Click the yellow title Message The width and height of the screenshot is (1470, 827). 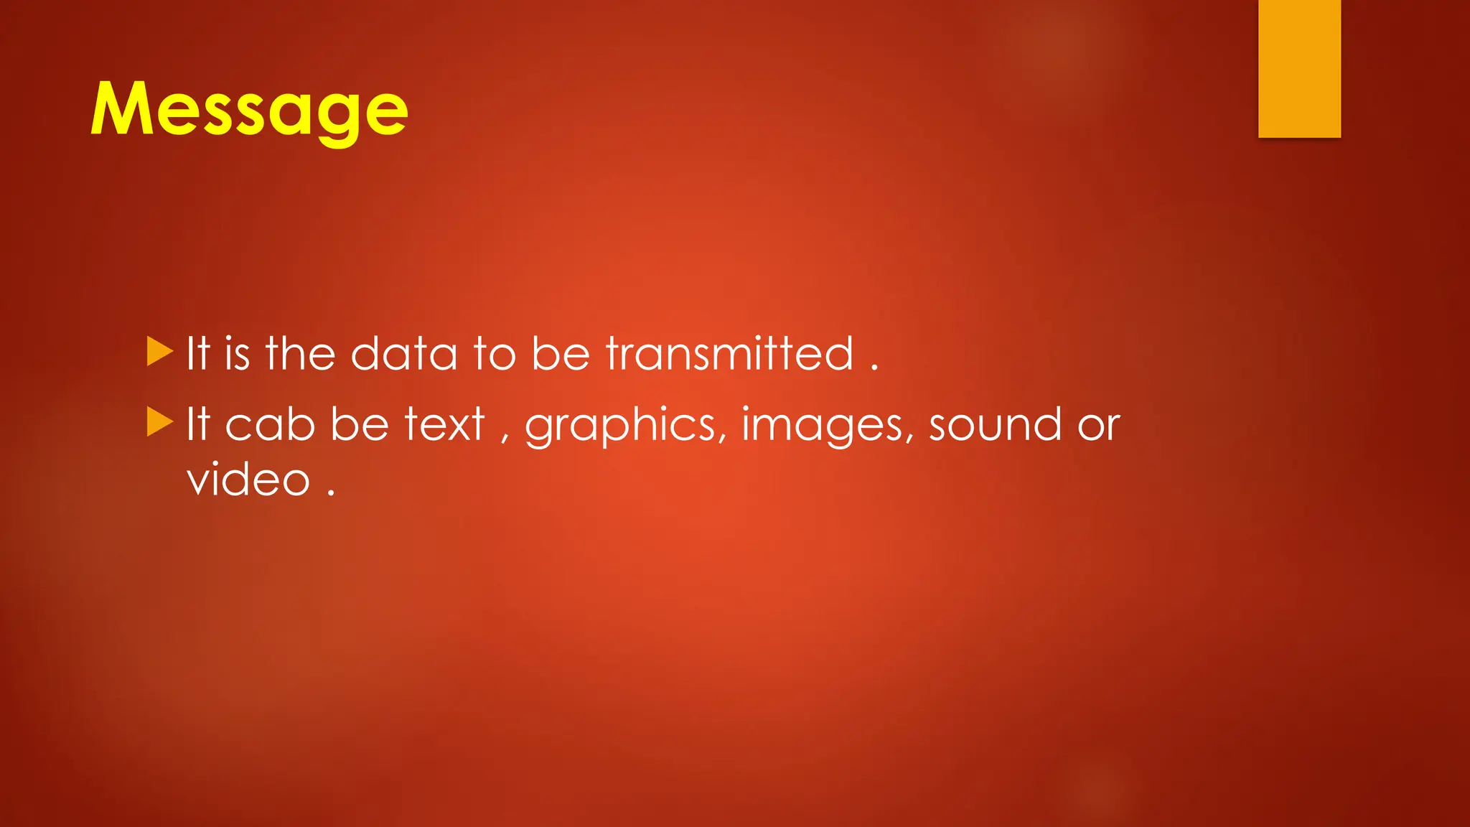point(249,110)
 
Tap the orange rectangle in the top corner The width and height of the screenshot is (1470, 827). point(1299,68)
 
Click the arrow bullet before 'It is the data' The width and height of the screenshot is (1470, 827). point(160,352)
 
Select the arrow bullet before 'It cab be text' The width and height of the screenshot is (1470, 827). point(160,422)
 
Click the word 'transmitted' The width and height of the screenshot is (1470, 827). point(730,354)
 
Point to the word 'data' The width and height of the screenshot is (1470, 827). point(403,354)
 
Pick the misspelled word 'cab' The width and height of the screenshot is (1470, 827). point(270,424)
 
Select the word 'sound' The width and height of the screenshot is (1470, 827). point(995,424)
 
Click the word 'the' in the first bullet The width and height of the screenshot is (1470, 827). point(300,354)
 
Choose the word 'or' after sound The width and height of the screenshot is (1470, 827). point(1099,426)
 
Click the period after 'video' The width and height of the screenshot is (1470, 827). point(331,493)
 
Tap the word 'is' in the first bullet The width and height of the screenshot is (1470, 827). point(237,354)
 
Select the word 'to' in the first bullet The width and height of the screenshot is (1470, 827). point(495,354)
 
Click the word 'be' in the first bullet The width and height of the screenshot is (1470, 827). point(561,354)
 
